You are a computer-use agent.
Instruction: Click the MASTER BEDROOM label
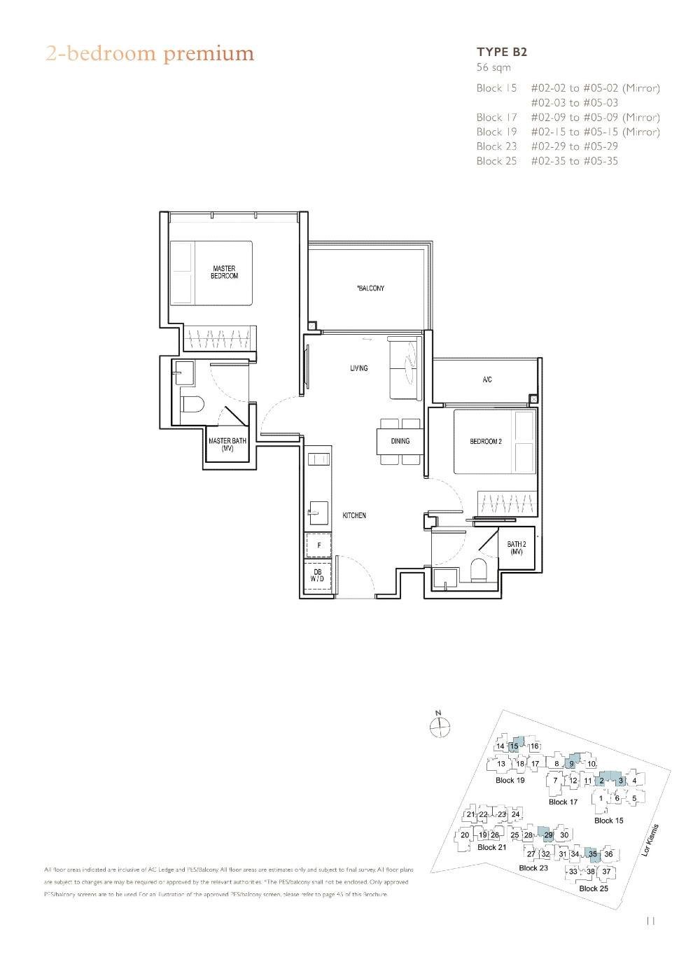(224, 272)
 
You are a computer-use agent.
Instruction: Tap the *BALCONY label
(370, 288)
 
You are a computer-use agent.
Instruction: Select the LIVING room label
(358, 368)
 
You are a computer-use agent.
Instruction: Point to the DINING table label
(400, 441)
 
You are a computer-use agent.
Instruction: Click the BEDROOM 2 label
(485, 442)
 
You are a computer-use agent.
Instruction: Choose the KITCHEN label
(354, 515)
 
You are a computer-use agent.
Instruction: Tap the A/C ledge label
(487, 379)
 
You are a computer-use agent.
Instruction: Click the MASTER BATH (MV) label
(227, 445)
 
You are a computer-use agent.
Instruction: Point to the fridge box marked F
(319, 545)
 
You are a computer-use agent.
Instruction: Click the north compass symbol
(439, 728)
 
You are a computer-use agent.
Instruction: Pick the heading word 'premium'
(209, 54)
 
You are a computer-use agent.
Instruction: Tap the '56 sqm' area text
(493, 68)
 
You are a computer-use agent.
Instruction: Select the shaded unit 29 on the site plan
(548, 835)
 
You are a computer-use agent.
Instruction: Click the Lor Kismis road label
(650, 840)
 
